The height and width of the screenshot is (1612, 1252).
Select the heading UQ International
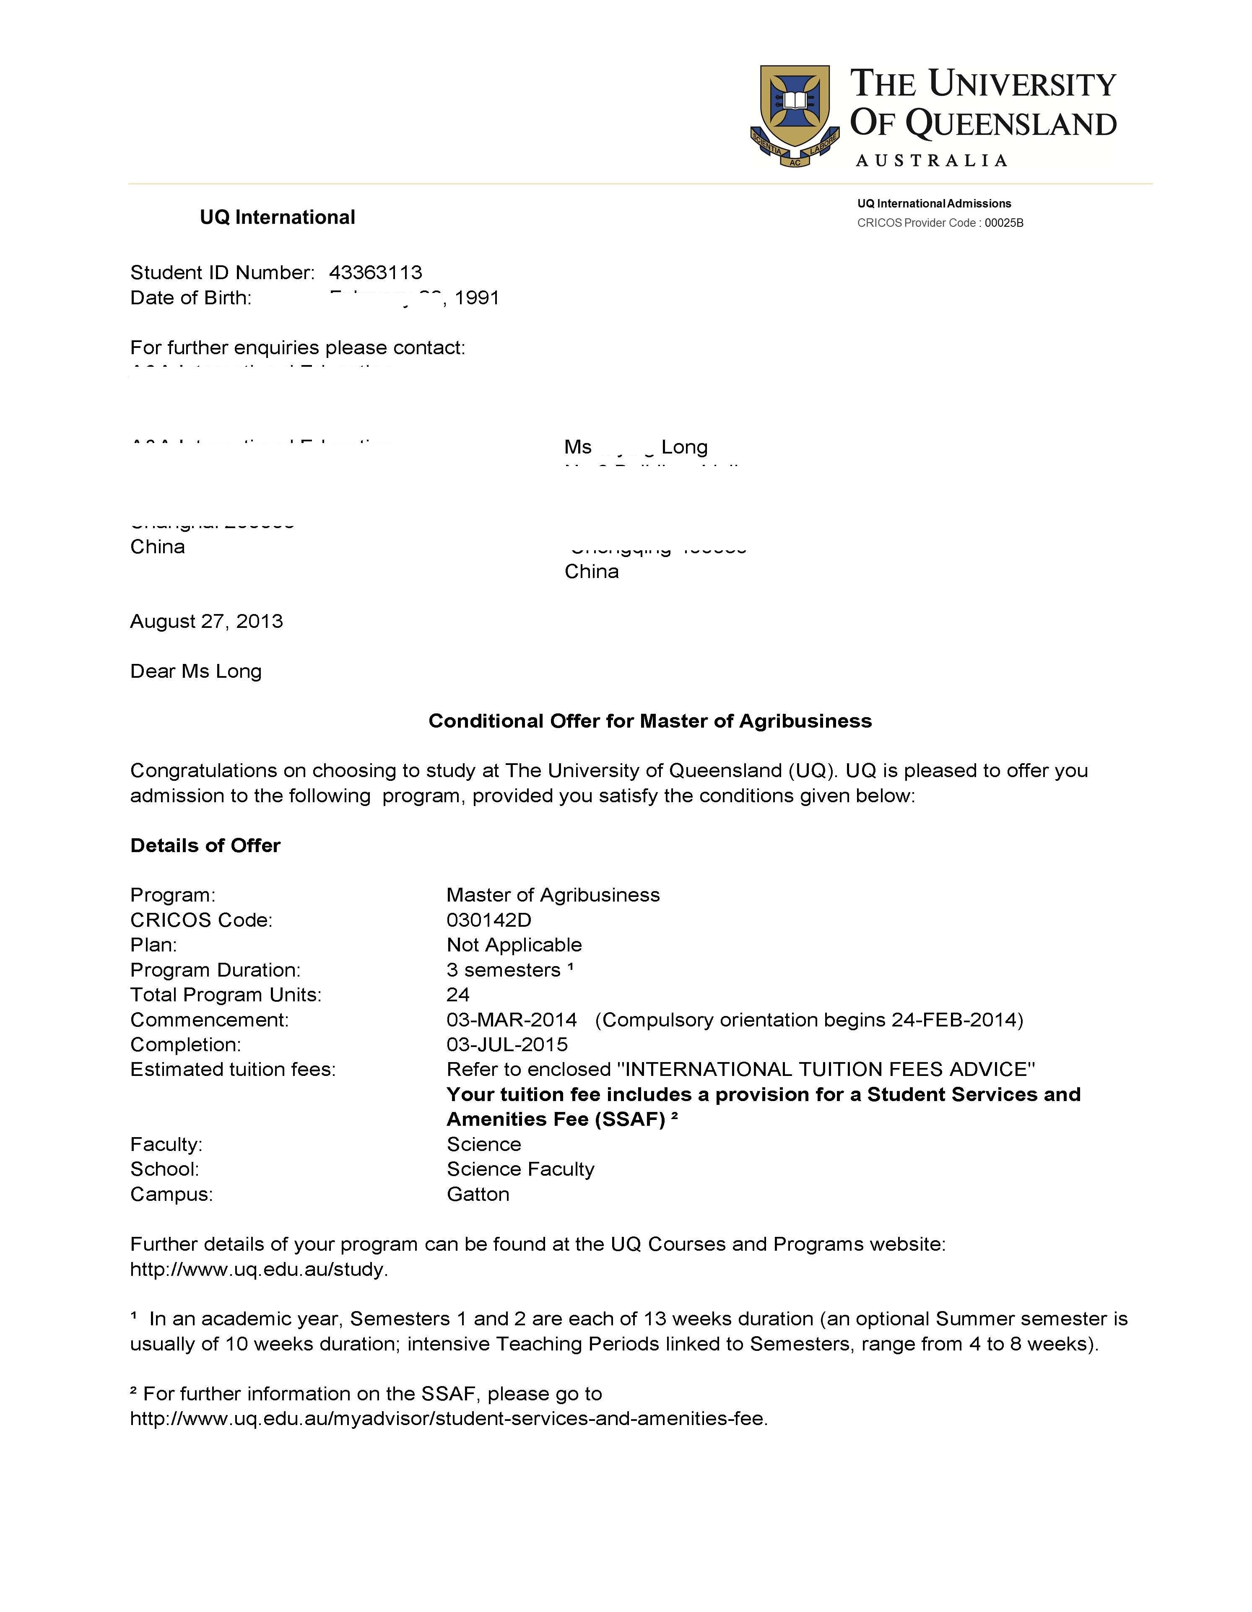(x=278, y=218)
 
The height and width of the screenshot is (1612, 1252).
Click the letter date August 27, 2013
(x=207, y=622)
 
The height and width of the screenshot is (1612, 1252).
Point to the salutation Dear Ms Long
(x=196, y=671)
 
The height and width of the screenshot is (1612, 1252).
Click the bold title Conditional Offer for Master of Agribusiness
(x=649, y=721)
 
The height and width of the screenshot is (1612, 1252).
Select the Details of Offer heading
(x=205, y=846)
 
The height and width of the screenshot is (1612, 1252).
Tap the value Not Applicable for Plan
(x=514, y=946)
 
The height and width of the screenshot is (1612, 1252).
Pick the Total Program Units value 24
(x=458, y=995)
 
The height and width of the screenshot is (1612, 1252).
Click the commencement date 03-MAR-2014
(x=512, y=1020)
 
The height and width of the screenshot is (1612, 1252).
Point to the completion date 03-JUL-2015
(x=507, y=1045)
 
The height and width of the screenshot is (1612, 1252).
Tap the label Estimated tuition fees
(x=233, y=1070)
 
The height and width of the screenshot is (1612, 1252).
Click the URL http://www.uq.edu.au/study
(x=258, y=1270)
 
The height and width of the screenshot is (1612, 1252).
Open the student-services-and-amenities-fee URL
(x=449, y=1419)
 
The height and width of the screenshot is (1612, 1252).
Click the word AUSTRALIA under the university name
(x=932, y=161)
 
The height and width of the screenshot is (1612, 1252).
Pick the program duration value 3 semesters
(x=504, y=971)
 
